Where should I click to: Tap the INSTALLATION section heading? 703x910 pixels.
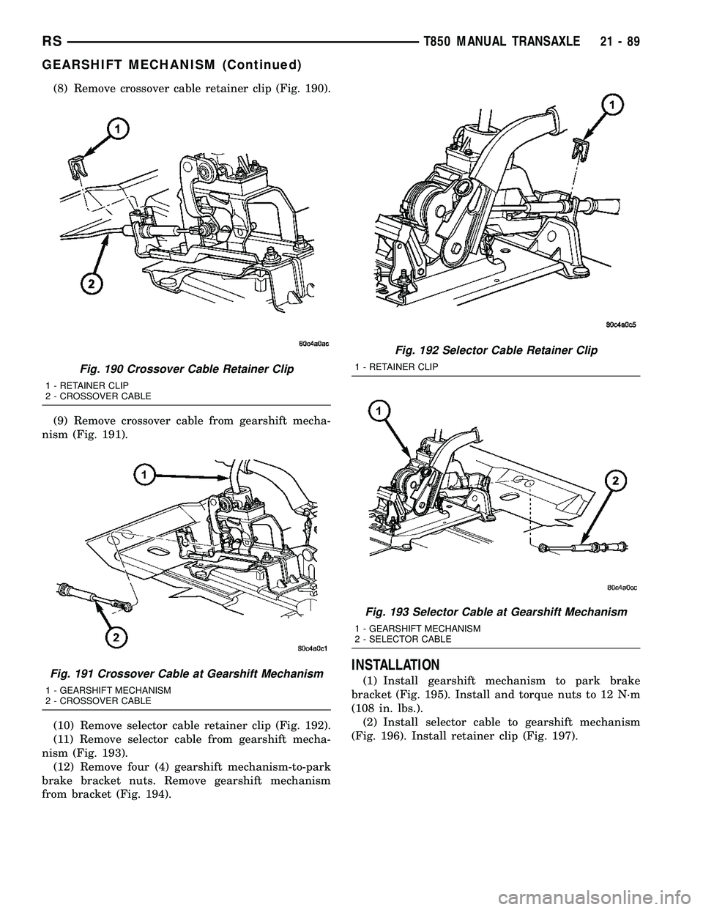pyautogui.click(x=397, y=665)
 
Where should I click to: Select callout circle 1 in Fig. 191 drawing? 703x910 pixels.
pyautogui.click(x=144, y=475)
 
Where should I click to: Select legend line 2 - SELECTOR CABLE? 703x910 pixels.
pyautogui.click(x=403, y=639)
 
